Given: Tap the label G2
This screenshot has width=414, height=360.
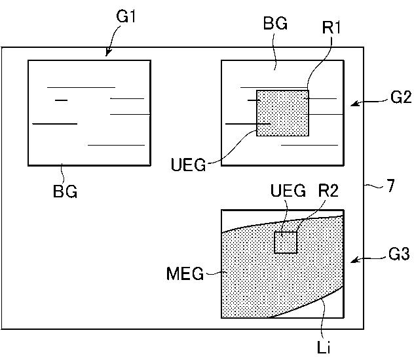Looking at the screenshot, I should (400, 98).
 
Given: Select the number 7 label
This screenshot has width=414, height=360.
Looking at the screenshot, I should (390, 186).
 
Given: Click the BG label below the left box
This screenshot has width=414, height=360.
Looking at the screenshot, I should (65, 193).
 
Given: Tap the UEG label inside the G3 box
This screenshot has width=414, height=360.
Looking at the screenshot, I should (288, 191).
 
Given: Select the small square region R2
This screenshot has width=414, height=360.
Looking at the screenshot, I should (285, 242).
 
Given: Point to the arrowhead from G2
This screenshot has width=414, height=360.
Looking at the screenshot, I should (352, 104).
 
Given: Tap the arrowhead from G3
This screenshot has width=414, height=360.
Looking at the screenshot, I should (352, 261).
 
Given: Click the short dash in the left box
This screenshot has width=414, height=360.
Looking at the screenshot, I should (62, 100).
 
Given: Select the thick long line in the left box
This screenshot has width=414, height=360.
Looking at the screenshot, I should (54, 123).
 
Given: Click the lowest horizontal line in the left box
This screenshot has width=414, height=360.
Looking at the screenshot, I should (116, 145).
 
